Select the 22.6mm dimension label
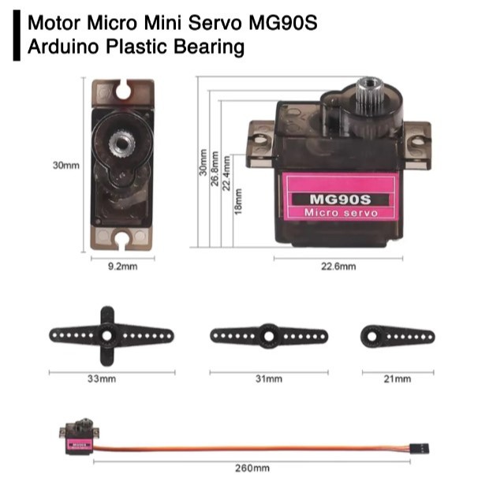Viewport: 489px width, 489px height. (338, 266)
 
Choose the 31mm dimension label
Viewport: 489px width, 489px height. (269, 379)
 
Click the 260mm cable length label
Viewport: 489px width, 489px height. (252, 468)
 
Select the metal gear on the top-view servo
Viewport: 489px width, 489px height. (121, 143)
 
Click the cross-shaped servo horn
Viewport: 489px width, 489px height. (108, 334)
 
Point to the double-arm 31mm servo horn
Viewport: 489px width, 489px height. (269, 335)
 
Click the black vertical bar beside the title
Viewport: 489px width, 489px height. (17, 35)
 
